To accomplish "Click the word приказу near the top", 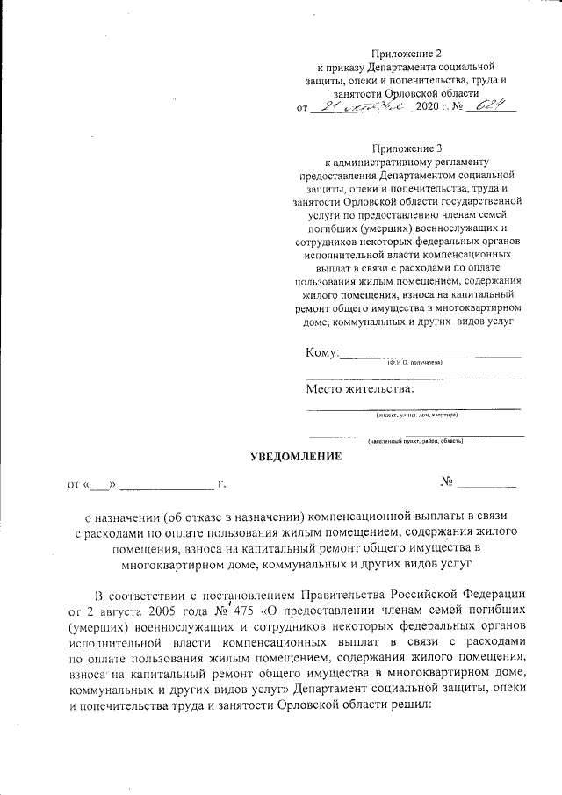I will [x=348, y=67].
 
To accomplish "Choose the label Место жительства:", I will [x=360, y=388].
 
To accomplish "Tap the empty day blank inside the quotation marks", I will [x=100, y=484].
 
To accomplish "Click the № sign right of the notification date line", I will [x=446, y=481].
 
